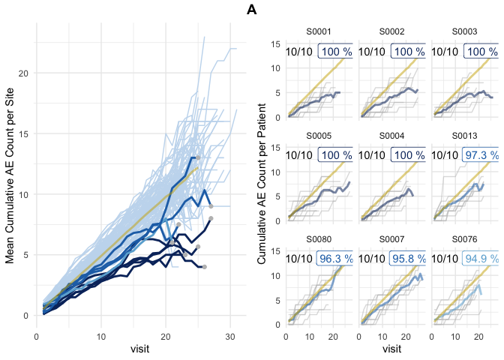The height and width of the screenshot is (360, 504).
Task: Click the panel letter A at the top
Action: coord(252,10)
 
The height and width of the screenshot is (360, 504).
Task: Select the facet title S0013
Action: coord(463,136)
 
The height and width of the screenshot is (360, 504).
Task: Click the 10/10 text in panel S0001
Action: coord(299,52)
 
